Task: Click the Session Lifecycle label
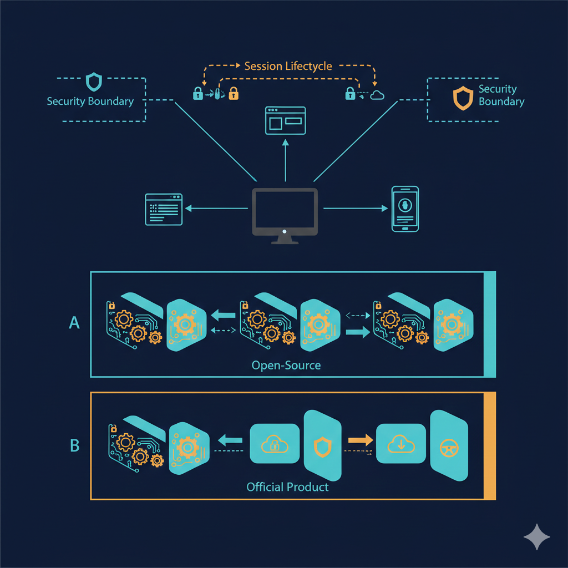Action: pyautogui.click(x=288, y=66)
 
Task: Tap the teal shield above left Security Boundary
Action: pyautogui.click(x=93, y=82)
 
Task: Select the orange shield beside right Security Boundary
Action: pyautogui.click(x=462, y=97)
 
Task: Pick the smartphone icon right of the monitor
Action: pyautogui.click(x=405, y=209)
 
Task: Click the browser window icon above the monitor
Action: pyautogui.click(x=285, y=120)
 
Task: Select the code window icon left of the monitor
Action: pyautogui.click(x=164, y=209)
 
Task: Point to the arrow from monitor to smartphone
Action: pyautogui.click(x=356, y=209)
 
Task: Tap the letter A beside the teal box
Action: pyautogui.click(x=74, y=323)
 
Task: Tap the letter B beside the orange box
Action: pyautogui.click(x=74, y=445)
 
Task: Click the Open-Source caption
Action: pyautogui.click(x=286, y=366)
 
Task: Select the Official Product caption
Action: pyautogui.click(x=287, y=487)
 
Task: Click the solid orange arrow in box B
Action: pyautogui.click(x=360, y=440)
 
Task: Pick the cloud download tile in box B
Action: pyautogui.click(x=400, y=443)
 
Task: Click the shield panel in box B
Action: pyautogui.click(x=322, y=446)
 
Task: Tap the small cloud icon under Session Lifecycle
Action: pyautogui.click(x=377, y=95)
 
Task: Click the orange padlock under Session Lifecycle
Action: pyautogui.click(x=234, y=93)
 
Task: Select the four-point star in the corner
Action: pyautogui.click(x=537, y=536)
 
